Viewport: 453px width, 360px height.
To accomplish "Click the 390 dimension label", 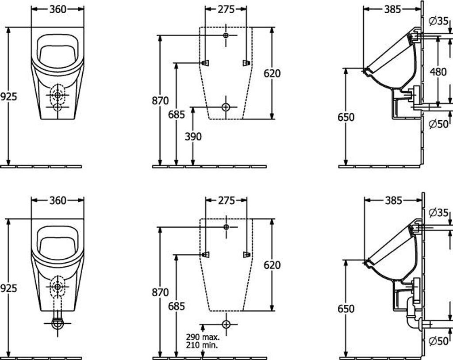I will point(193,136).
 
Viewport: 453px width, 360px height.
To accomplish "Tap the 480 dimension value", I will point(438,72).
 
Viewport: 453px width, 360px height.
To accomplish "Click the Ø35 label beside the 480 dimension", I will point(438,20).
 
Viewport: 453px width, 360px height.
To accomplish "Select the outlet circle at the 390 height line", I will point(226,107).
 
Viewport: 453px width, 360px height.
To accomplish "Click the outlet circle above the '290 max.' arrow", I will point(226,323).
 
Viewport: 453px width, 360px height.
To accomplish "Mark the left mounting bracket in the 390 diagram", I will point(205,63).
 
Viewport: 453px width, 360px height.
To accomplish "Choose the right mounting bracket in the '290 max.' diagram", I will point(246,254).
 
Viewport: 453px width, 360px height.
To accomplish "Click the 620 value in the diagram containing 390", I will point(272,73).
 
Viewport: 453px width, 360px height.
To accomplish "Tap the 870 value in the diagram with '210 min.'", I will point(160,292).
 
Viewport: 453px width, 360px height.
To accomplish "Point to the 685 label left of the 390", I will point(177,115).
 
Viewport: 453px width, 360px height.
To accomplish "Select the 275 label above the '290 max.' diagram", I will point(226,200).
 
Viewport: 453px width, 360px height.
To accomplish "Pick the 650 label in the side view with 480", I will point(346,117).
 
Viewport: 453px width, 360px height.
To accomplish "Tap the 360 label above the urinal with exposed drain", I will point(58,200).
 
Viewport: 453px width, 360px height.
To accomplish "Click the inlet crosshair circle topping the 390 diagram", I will point(226,35).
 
